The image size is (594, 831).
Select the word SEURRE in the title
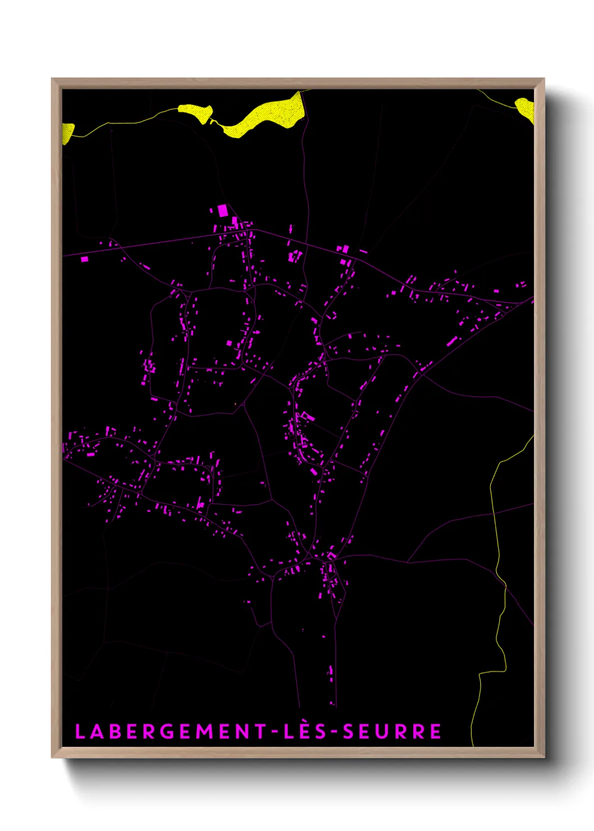click(x=392, y=732)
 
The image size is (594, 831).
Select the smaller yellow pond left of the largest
click(x=195, y=113)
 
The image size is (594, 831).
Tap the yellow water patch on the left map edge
click(x=67, y=133)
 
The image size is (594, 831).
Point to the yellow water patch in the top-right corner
click(x=526, y=108)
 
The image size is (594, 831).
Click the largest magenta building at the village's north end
click(x=222, y=211)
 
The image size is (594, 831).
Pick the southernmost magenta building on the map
click(x=332, y=702)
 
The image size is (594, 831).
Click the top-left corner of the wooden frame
click(x=52, y=79)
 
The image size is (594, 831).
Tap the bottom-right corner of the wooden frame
click(x=543, y=756)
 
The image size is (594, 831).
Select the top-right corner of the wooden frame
click(x=543, y=79)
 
